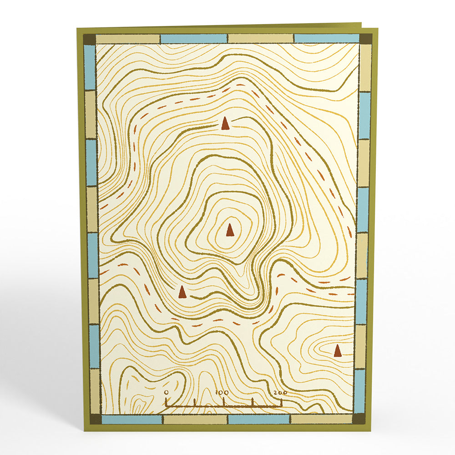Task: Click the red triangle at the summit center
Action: [230, 230]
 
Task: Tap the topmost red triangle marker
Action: [225, 123]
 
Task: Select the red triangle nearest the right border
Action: [337, 350]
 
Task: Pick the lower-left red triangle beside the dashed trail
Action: [182, 291]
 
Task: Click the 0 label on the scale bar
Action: [166, 392]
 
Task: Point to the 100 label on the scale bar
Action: [222, 392]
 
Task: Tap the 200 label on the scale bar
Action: [280, 392]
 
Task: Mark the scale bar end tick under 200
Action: [282, 402]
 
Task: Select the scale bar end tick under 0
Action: [166, 402]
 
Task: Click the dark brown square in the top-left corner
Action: [90, 39]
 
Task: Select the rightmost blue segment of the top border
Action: [326, 38]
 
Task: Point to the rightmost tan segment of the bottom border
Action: [321, 419]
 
